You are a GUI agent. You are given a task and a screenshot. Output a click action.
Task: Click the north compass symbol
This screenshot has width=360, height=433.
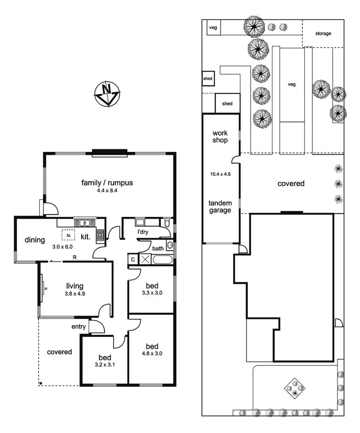107,93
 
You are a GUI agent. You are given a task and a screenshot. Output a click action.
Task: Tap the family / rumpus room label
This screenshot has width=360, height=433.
107,183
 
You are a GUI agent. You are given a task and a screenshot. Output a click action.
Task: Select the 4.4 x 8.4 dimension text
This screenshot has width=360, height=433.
107,190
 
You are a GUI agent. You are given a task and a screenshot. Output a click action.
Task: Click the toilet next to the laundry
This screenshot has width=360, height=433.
167,223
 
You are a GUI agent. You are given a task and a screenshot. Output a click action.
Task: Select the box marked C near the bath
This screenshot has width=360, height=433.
132,259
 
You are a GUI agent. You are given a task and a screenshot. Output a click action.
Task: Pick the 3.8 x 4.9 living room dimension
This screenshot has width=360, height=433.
74,294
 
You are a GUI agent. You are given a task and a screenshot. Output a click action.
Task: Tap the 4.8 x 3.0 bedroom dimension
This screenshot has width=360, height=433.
151,354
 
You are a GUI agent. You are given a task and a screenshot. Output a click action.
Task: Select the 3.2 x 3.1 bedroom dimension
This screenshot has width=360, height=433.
105,365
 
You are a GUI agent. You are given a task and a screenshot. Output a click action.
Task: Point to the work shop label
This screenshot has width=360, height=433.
220,137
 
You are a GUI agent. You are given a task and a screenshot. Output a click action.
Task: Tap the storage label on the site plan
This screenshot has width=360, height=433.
323,33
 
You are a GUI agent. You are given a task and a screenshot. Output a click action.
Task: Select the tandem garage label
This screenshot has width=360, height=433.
220,207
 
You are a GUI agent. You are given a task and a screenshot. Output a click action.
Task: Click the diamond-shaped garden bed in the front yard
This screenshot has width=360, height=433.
294,387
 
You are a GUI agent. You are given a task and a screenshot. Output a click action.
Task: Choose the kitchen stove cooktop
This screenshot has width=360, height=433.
100,235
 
